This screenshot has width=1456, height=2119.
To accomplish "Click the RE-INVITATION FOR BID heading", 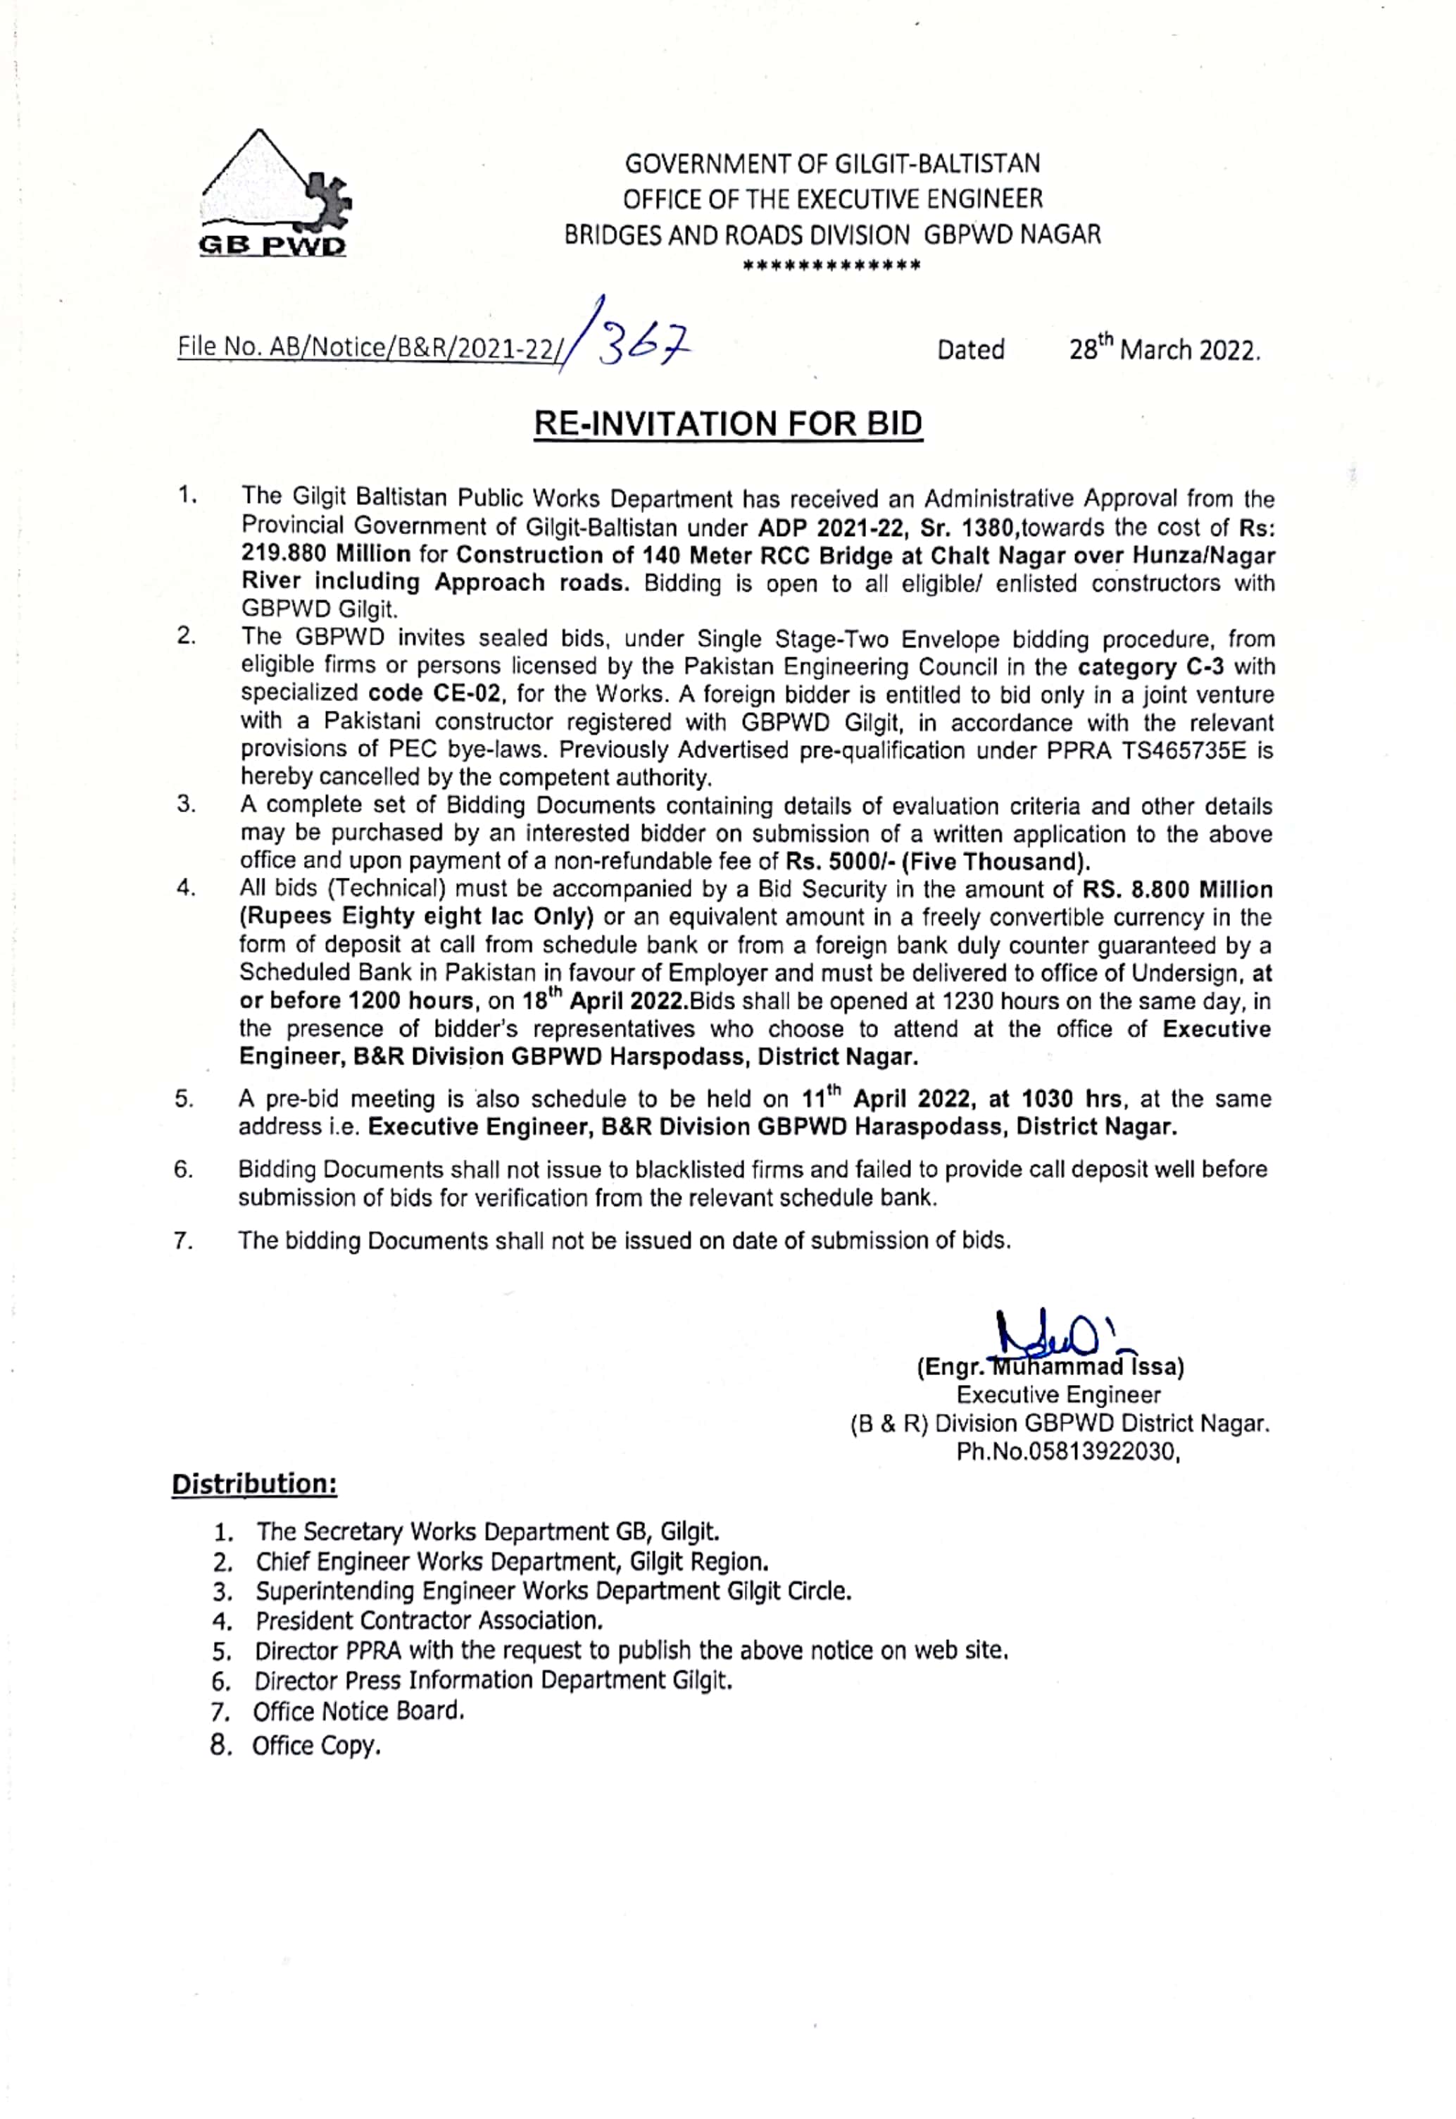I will click(727, 424).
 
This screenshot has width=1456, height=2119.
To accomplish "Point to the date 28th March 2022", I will click(1163, 349).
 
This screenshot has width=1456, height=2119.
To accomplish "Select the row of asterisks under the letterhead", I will click(831, 266).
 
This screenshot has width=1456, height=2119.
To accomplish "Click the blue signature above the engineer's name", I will click(1058, 1337).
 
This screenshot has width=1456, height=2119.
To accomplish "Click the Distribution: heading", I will click(255, 1484).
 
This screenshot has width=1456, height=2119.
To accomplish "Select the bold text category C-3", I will click(1150, 666).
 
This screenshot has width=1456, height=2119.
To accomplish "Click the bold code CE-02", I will click(435, 694).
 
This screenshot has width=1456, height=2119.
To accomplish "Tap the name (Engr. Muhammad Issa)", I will click(1050, 1367).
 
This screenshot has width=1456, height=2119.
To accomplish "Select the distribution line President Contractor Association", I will click(429, 1621).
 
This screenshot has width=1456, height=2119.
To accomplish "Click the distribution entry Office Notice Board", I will click(358, 1711).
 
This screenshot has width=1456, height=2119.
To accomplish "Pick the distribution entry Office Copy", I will click(315, 1746).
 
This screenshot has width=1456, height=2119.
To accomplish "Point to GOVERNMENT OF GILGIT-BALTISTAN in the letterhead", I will click(832, 164).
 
